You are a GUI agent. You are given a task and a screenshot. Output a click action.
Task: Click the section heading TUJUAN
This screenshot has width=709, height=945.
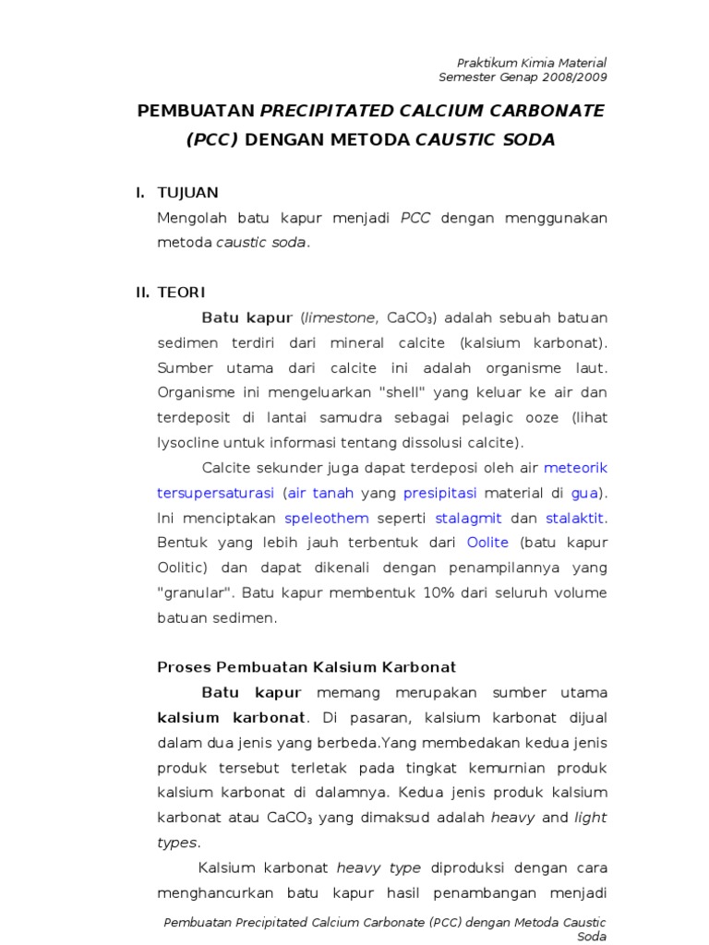[188, 193]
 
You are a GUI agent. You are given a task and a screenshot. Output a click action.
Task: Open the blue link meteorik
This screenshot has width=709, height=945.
[576, 467]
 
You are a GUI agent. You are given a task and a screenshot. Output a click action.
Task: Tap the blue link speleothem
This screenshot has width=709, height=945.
[327, 517]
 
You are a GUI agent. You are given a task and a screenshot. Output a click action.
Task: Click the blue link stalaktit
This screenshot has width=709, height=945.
[576, 517]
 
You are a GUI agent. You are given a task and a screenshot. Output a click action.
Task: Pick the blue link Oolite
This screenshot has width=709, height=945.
[487, 542]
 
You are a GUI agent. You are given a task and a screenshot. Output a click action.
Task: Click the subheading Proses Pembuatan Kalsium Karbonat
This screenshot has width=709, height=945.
[306, 666]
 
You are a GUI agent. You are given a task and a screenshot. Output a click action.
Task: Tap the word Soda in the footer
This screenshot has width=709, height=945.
[592, 937]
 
